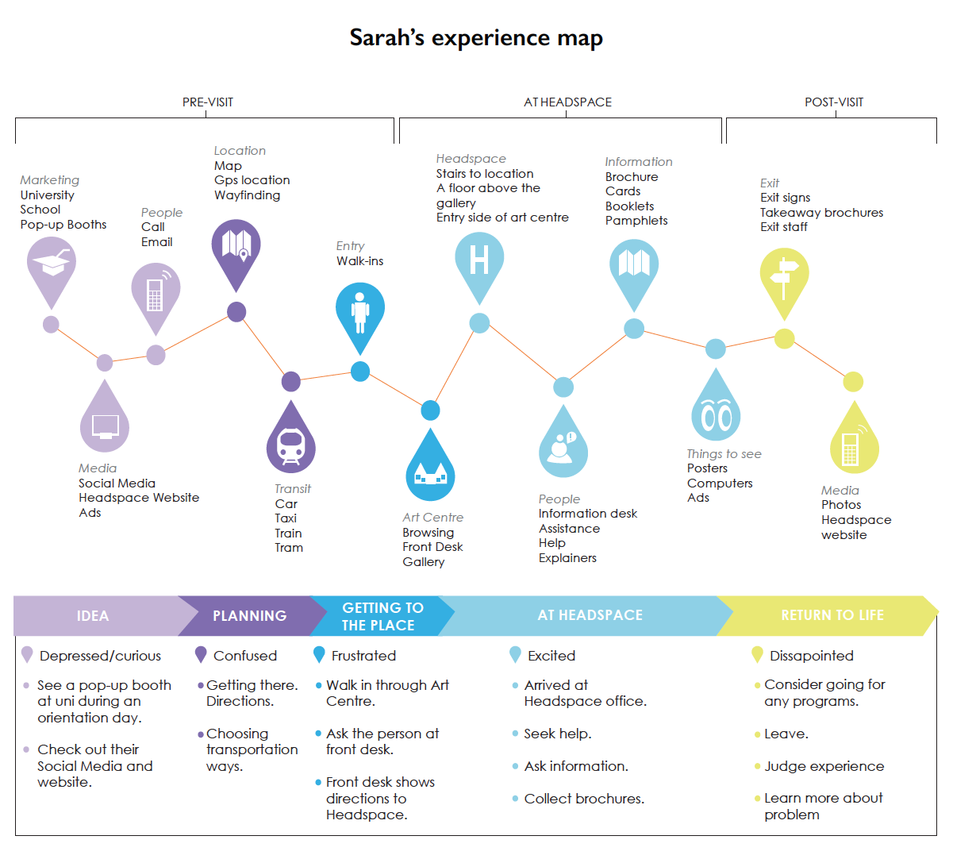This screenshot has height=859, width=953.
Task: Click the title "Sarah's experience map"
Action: [x=476, y=38]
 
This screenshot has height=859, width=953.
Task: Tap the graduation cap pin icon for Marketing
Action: [x=52, y=266]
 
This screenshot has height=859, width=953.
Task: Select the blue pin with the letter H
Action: [x=479, y=260]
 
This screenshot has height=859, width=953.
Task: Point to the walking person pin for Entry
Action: [x=360, y=311]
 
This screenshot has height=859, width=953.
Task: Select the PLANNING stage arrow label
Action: [x=249, y=616]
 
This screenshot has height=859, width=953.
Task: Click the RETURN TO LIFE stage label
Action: [x=832, y=615]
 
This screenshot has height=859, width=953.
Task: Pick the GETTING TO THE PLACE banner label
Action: [x=382, y=616]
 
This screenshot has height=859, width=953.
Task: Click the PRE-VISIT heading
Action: [x=208, y=102]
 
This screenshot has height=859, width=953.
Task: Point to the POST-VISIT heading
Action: [x=834, y=102]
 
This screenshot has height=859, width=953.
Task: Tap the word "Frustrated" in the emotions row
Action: [x=363, y=656]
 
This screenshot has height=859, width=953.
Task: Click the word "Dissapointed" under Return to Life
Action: [x=811, y=656]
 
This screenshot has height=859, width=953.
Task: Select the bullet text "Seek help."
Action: [x=557, y=734]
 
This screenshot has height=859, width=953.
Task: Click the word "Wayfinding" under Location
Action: [x=247, y=195]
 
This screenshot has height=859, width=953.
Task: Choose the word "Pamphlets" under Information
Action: [x=636, y=221]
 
